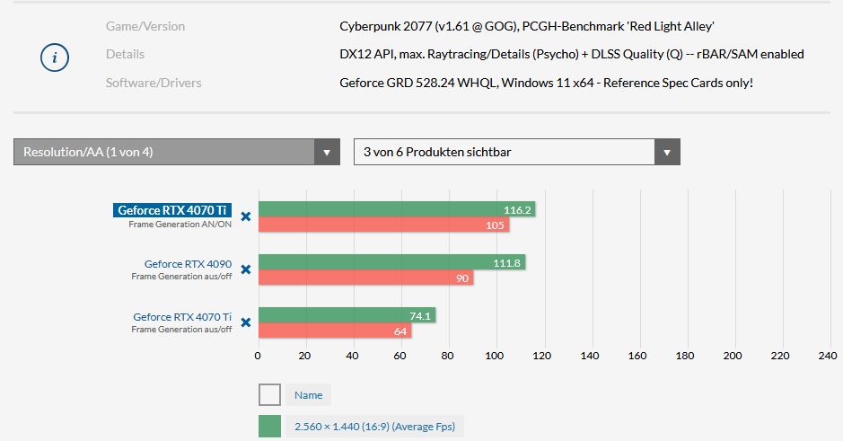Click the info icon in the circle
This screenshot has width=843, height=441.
coord(55,57)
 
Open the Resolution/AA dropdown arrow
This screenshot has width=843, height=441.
coord(327,152)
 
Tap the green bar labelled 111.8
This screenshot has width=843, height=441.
coord(391,262)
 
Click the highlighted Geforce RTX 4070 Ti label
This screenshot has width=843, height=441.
coord(172,210)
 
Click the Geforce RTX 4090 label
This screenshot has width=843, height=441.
coord(188,264)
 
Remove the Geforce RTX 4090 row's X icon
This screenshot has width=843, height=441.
coord(245,269)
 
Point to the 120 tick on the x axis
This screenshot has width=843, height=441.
coord(542,356)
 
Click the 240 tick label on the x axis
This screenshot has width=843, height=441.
coord(827,356)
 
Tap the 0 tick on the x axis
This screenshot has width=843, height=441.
coord(259,356)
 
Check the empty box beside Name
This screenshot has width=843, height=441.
coord(269,395)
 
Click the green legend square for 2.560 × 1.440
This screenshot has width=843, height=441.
coord(269,427)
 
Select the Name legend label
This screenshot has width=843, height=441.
coord(308,395)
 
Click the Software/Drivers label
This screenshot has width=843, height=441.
coord(154,83)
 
